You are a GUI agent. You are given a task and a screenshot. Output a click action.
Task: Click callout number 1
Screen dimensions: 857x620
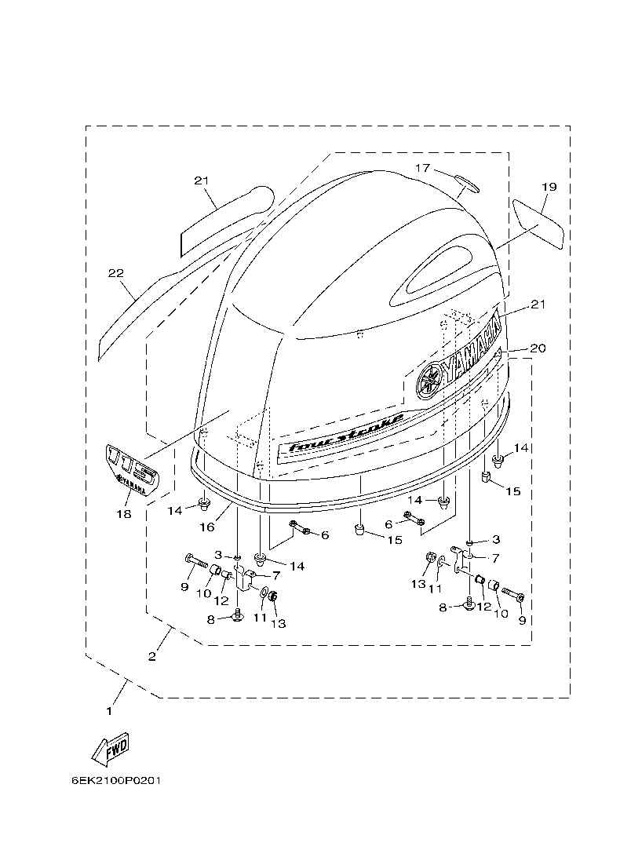point(109,711)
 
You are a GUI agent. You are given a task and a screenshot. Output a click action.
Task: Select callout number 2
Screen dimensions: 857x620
point(152,656)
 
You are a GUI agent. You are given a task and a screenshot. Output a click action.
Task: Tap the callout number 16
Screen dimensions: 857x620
point(206,527)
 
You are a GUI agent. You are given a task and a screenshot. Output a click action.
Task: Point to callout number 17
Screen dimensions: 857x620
point(423,168)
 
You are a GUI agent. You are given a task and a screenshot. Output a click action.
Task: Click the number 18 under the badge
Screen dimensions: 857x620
point(123,514)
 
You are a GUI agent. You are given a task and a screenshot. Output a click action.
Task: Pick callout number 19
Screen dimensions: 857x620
point(549,187)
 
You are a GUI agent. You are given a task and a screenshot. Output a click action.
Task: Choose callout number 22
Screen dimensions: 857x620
point(115,273)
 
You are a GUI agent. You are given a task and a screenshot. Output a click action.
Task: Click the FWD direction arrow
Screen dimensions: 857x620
point(110,749)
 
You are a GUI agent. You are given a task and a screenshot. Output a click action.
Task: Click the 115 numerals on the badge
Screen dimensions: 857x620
point(131,465)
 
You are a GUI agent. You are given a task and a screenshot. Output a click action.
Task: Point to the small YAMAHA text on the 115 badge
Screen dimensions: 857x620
point(132,487)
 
